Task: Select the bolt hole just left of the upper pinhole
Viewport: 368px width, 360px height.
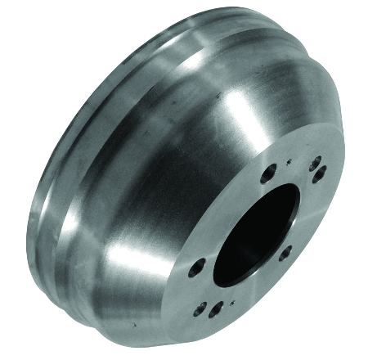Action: [x=267, y=173]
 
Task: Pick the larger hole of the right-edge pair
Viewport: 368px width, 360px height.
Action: [x=321, y=173]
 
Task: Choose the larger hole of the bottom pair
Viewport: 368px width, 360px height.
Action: [x=216, y=310]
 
